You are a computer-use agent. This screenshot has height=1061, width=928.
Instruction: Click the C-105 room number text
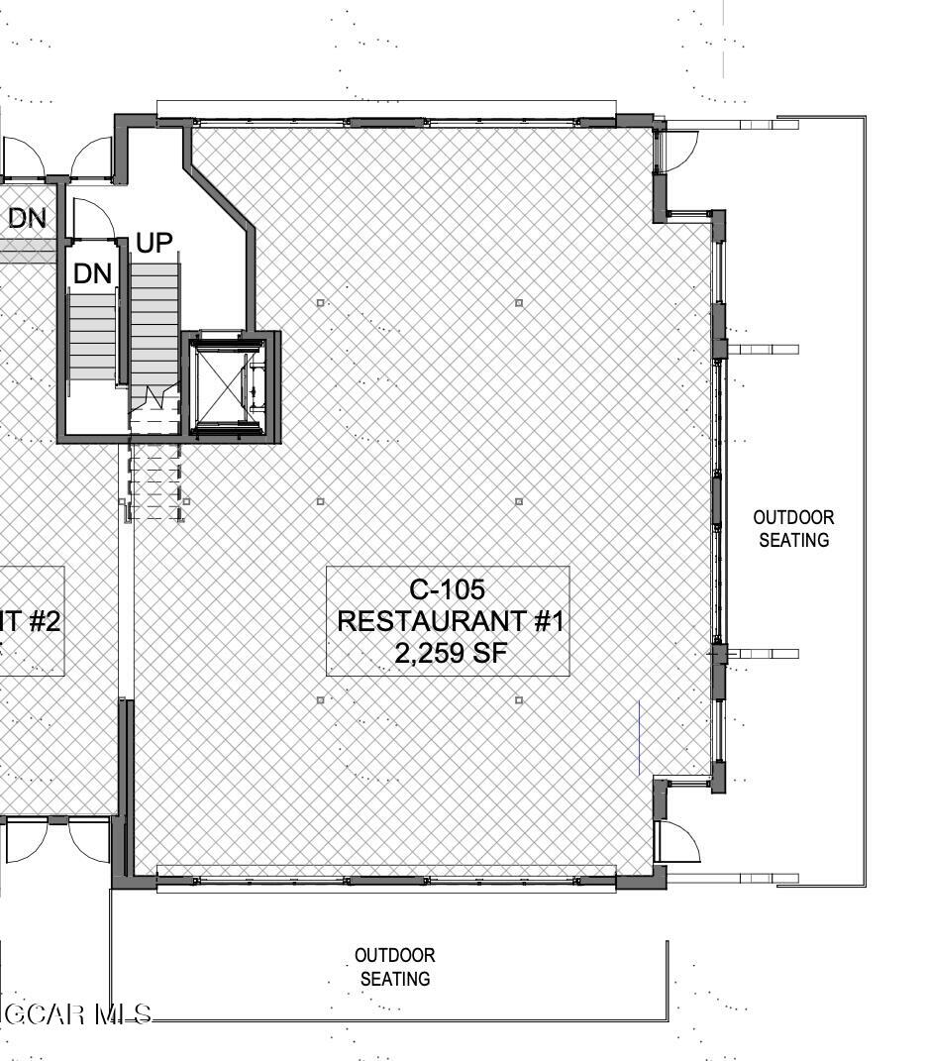pyautogui.click(x=448, y=589)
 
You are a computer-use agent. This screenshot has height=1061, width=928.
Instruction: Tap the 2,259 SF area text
pyautogui.click(x=448, y=653)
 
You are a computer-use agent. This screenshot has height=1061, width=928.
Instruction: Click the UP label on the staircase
pyautogui.click(x=154, y=243)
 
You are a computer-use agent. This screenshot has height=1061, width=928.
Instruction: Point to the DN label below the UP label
pyautogui.click(x=93, y=274)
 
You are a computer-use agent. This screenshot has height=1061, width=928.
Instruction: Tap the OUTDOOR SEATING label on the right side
pyautogui.click(x=793, y=529)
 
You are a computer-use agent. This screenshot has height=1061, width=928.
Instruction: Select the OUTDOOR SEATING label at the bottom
pyautogui.click(x=394, y=967)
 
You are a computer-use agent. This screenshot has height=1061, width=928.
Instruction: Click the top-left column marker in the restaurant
pyautogui.click(x=320, y=302)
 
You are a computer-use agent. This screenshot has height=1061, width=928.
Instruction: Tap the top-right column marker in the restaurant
pyautogui.click(x=519, y=302)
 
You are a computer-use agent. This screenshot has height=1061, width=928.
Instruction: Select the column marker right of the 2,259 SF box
pyautogui.click(x=519, y=700)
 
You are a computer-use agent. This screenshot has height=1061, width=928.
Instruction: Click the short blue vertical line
pyautogui.click(x=639, y=737)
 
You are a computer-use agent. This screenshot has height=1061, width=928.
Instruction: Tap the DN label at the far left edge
pyautogui.click(x=27, y=218)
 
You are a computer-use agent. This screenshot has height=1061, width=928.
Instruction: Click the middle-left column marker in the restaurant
pyautogui.click(x=320, y=501)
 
